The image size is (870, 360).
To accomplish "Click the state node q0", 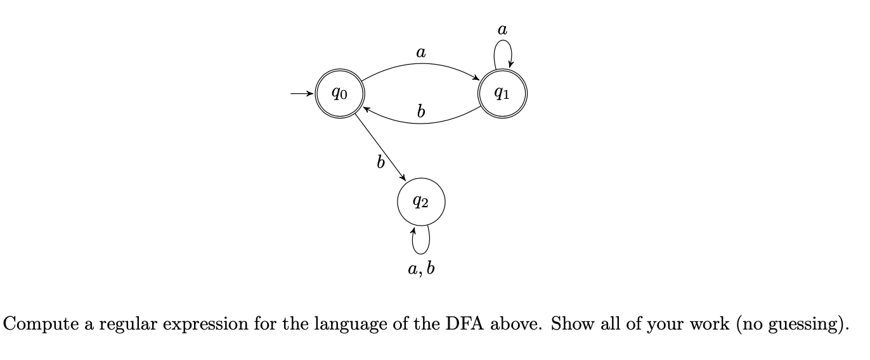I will pyautogui.click(x=339, y=94).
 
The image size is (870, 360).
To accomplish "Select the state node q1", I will pyautogui.click(x=502, y=94).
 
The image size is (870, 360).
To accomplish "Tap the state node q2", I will pyautogui.click(x=421, y=202).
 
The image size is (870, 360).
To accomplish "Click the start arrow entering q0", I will pyautogui.click(x=302, y=94).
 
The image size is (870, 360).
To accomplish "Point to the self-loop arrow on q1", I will pyautogui.click(x=503, y=51).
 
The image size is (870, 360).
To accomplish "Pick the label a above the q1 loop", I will pyautogui.click(x=503, y=29).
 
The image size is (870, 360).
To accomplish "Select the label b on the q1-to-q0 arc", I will pyautogui.click(x=420, y=112).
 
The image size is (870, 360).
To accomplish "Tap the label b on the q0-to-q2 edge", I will pyautogui.click(x=380, y=163).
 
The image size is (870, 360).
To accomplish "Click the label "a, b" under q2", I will pyautogui.click(x=421, y=269).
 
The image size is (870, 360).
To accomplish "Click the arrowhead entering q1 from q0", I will pyautogui.click(x=477, y=79).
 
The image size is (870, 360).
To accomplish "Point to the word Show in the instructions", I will pyautogui.click(x=569, y=324).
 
